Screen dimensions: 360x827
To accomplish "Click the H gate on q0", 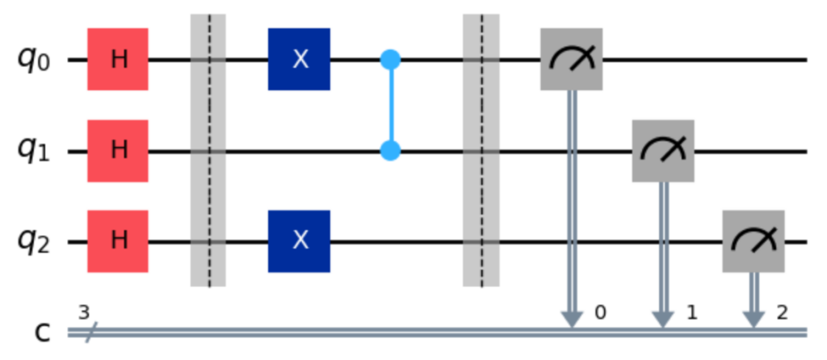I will tap(119, 59).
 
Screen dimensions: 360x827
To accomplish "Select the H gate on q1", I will tap(119, 150).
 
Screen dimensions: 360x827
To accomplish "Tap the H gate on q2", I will tap(119, 241).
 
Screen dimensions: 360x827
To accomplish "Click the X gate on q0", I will tap(300, 59).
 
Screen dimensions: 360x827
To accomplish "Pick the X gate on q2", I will tap(300, 241).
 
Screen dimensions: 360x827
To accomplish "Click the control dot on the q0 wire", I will tap(391, 59).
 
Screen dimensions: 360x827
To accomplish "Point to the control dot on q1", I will tap(391, 150).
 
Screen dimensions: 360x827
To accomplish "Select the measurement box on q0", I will tap(572, 59).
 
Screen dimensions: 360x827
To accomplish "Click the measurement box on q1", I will tap(663, 150).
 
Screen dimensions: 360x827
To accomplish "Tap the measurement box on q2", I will tap(754, 241).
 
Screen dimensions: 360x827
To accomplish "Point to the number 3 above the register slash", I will tap(84, 311).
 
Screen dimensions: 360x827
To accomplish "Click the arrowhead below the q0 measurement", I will tap(572, 320).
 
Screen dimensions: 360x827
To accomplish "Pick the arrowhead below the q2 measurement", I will tap(754, 320).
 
